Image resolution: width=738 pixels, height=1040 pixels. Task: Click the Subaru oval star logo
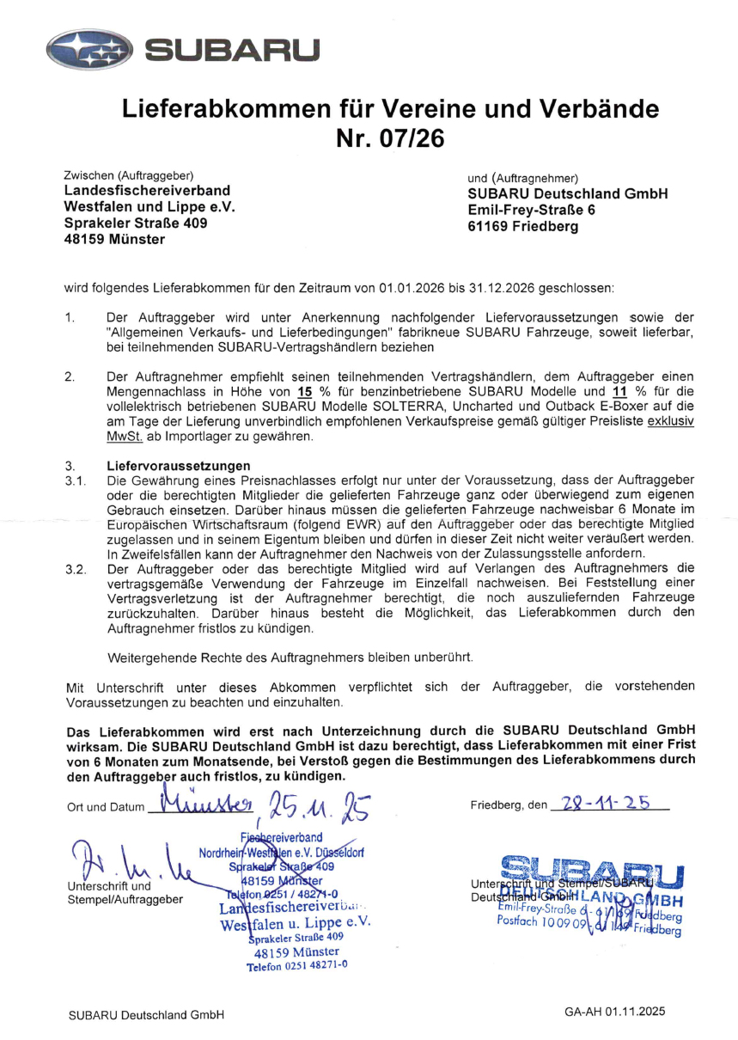pos(89,51)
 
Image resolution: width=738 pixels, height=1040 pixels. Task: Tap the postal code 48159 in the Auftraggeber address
pos(85,239)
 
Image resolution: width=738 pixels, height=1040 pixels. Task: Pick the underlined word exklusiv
pos(671,422)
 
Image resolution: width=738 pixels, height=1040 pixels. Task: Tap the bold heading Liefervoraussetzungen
pos(173,466)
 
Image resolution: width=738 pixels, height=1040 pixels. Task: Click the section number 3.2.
pos(76,569)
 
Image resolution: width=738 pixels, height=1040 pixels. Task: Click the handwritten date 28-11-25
pos(607,803)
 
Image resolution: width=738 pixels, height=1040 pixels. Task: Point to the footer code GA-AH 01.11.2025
pos(614,1012)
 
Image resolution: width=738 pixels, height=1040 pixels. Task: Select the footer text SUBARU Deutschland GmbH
pos(146,1015)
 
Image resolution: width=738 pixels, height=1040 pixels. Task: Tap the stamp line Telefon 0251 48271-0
pos(296,966)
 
